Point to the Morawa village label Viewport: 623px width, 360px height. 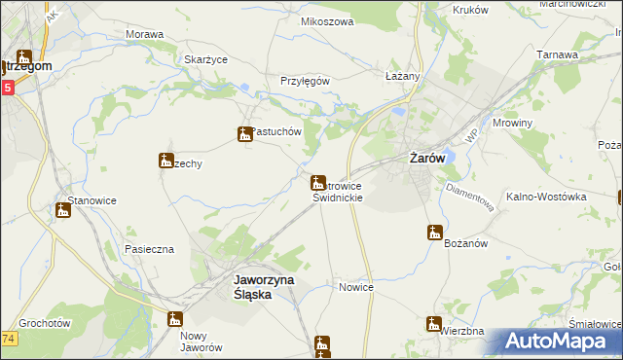(144, 34)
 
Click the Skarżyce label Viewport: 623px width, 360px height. (205, 59)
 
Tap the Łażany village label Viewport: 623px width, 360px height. (402, 76)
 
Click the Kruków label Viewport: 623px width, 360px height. (472, 9)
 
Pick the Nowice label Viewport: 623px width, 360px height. (356, 287)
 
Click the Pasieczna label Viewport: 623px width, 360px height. (148, 249)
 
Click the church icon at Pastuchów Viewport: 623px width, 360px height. (244, 134)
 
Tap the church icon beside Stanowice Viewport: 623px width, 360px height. (63, 209)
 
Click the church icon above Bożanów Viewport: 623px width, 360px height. (435, 233)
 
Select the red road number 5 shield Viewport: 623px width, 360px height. (7, 88)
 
